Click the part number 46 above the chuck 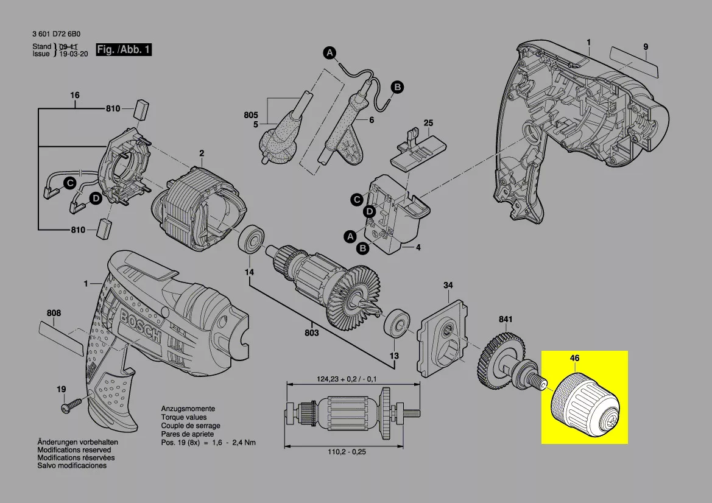(574, 359)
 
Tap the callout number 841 (506, 320)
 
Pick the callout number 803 (312, 333)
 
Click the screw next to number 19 (71, 404)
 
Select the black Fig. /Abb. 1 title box (124, 50)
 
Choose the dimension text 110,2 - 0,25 (348, 452)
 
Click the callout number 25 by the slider (428, 124)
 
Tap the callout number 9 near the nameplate (645, 47)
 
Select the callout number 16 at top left (75, 96)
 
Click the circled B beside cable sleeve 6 (397, 88)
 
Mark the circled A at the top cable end (330, 53)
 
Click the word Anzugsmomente (188, 409)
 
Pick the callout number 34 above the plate (448, 285)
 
